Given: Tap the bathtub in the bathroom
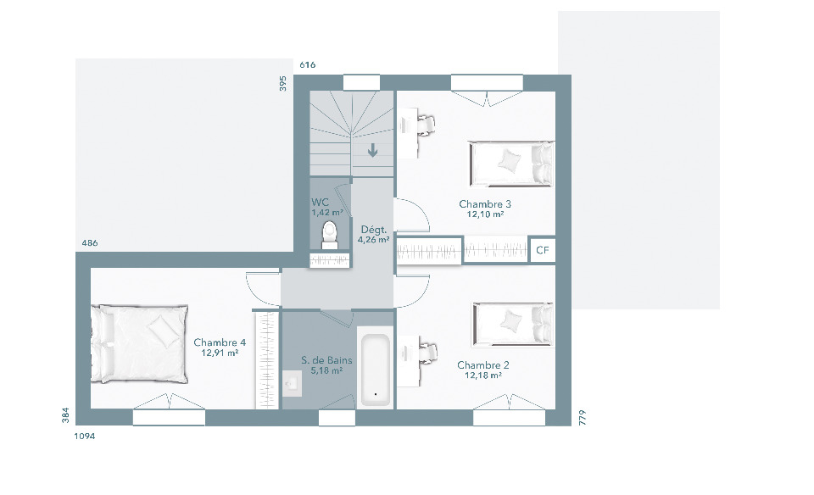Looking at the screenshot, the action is click(x=376, y=370).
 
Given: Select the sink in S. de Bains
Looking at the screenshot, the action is click(x=292, y=383).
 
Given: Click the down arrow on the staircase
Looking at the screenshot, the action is click(x=372, y=151).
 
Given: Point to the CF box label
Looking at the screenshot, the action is click(x=542, y=251).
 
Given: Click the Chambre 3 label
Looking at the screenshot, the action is click(x=485, y=204).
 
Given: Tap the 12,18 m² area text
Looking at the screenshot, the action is click(x=482, y=375).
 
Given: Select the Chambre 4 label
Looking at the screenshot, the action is click(x=220, y=342).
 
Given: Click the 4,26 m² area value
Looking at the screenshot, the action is click(x=373, y=240).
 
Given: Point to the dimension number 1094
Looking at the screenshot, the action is click(x=85, y=437).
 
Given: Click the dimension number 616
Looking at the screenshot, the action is click(x=307, y=65).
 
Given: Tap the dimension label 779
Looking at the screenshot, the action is click(x=582, y=418).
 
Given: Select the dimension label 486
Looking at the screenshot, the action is click(x=90, y=242).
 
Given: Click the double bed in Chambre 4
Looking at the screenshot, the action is click(x=139, y=344).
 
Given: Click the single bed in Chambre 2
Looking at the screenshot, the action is click(x=513, y=325).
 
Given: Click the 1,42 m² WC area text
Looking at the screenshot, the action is click(x=327, y=213).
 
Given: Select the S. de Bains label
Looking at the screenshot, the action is click(x=326, y=360).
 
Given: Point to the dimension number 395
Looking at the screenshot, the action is click(x=283, y=84).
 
